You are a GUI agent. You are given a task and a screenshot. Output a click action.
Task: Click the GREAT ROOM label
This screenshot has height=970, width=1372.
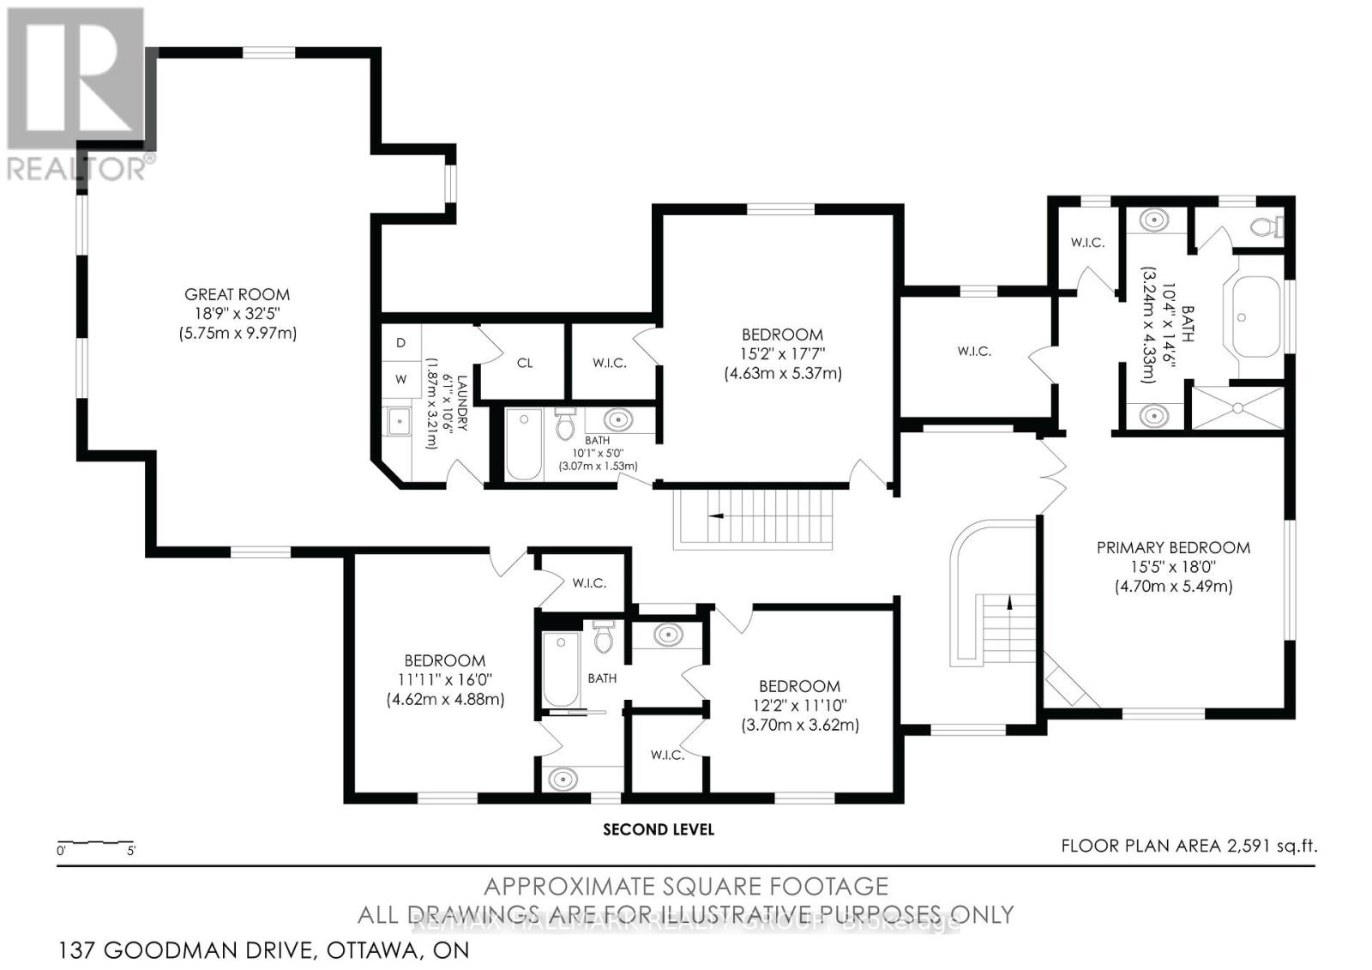point(238,294)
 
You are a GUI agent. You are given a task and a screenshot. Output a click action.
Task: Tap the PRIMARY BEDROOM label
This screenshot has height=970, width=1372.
point(1173,547)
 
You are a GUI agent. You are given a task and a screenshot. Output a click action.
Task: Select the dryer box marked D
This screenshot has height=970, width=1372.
point(400,342)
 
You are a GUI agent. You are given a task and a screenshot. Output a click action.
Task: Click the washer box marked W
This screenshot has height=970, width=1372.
point(400,378)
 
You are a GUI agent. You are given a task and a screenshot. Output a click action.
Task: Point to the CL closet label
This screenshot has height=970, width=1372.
point(525,363)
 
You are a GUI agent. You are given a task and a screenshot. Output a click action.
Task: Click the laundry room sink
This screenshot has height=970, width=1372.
point(399,421)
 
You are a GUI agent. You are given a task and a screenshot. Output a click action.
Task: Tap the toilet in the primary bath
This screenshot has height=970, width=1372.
point(1264,227)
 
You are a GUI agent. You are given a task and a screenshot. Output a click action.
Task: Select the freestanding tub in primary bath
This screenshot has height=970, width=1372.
point(1257,317)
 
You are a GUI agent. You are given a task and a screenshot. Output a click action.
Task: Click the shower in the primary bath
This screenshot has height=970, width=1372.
point(1238,407)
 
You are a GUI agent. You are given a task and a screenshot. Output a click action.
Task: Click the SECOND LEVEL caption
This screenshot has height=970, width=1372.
point(659,829)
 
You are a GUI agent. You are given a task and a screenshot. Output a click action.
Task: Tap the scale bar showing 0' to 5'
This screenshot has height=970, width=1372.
point(94,845)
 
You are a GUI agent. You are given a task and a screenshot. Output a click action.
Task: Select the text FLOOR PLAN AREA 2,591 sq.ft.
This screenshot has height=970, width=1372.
point(1188,846)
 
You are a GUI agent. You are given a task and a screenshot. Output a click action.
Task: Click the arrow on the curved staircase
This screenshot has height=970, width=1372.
point(1010,603)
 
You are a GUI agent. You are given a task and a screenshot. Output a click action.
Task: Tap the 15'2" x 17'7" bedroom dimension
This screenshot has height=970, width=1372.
point(782,354)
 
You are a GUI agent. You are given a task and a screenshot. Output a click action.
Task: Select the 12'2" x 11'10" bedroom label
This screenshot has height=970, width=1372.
point(799,706)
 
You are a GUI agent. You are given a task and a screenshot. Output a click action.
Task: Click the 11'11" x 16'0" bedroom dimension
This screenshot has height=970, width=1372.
point(445,680)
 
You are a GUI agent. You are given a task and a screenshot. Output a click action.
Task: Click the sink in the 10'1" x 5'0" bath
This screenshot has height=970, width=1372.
point(617,420)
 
